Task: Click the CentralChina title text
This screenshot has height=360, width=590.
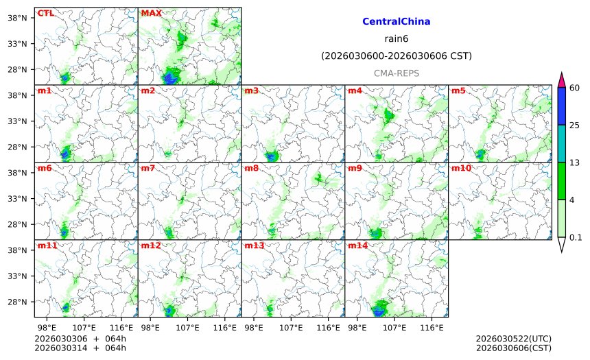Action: click(x=396, y=22)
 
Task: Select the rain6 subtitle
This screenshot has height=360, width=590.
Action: click(x=396, y=39)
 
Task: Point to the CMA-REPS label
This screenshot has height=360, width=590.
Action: click(x=396, y=73)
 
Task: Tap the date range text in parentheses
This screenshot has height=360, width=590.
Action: click(x=396, y=56)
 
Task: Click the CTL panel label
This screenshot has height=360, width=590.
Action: click(x=45, y=13)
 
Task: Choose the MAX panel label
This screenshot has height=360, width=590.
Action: click(x=151, y=13)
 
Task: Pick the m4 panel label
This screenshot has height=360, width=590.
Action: click(x=355, y=91)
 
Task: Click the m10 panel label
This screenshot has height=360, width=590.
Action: click(x=461, y=168)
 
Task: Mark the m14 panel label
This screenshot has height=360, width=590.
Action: click(x=357, y=245)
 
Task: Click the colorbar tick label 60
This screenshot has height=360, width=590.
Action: click(x=575, y=87)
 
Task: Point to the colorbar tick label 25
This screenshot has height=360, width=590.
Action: click(x=575, y=125)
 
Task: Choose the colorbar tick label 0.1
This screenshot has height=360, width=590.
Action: click(x=576, y=237)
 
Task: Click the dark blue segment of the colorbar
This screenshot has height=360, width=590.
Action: click(x=561, y=106)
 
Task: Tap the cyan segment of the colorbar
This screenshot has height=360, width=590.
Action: click(x=561, y=143)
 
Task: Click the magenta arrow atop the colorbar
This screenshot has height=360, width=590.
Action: click(x=561, y=80)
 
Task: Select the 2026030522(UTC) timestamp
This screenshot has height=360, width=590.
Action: click(x=513, y=339)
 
